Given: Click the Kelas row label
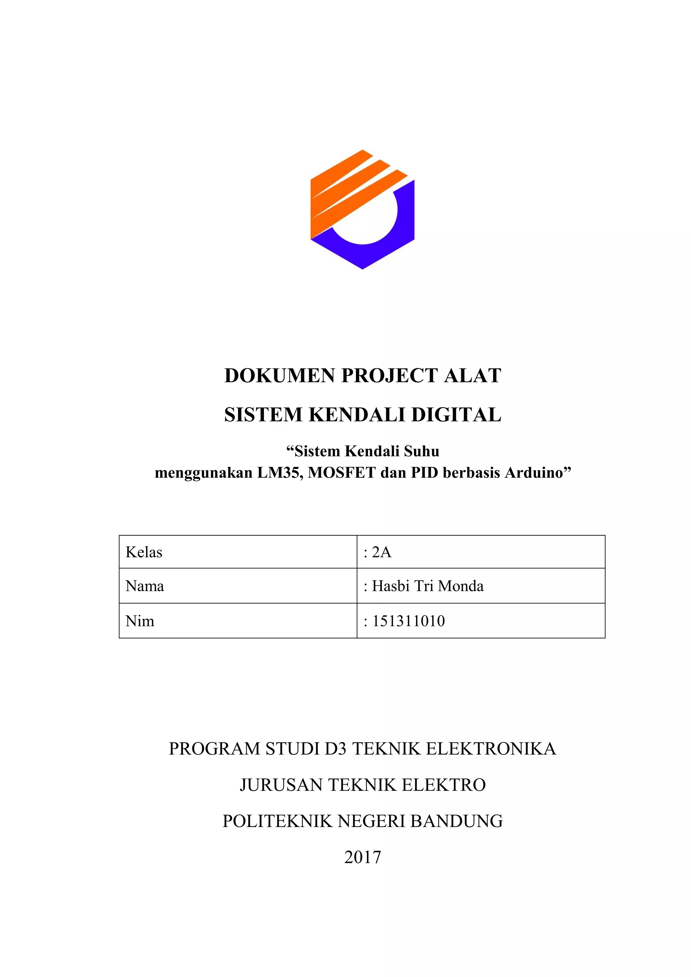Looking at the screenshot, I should pyautogui.click(x=144, y=552).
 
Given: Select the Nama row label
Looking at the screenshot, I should pyautogui.click(x=145, y=586).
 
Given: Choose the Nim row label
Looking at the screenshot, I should pyautogui.click(x=140, y=621).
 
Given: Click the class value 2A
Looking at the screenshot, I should pyautogui.click(x=381, y=552).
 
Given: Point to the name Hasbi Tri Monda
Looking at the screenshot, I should pyautogui.click(x=427, y=586).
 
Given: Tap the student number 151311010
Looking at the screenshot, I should pyautogui.click(x=408, y=621).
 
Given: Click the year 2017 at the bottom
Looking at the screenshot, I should pyautogui.click(x=362, y=857).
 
